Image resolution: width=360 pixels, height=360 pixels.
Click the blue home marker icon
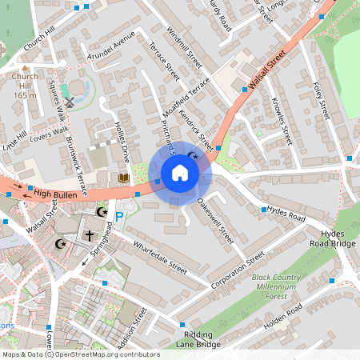[x=180, y=173]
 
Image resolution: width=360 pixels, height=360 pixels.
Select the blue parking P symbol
[x=119, y=216]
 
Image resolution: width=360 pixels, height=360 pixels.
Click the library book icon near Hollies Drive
[x=122, y=177]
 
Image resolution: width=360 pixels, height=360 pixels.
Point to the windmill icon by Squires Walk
[x=69, y=102]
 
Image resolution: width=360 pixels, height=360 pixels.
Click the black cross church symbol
[x=90, y=236]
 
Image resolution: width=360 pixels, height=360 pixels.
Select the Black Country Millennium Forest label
[x=279, y=286]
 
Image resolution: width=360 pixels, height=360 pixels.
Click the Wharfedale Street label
[x=159, y=258]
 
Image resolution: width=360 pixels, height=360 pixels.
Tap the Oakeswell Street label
[x=216, y=222]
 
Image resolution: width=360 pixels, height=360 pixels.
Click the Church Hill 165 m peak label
[x=25, y=86]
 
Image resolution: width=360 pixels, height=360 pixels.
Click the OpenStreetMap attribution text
[x=81, y=354]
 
